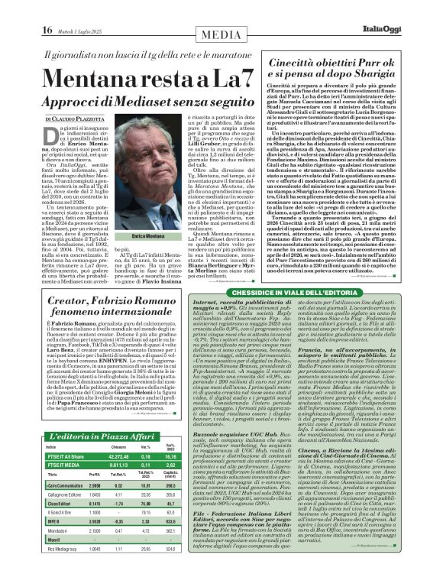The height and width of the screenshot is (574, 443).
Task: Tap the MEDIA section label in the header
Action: pos(221,10)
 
